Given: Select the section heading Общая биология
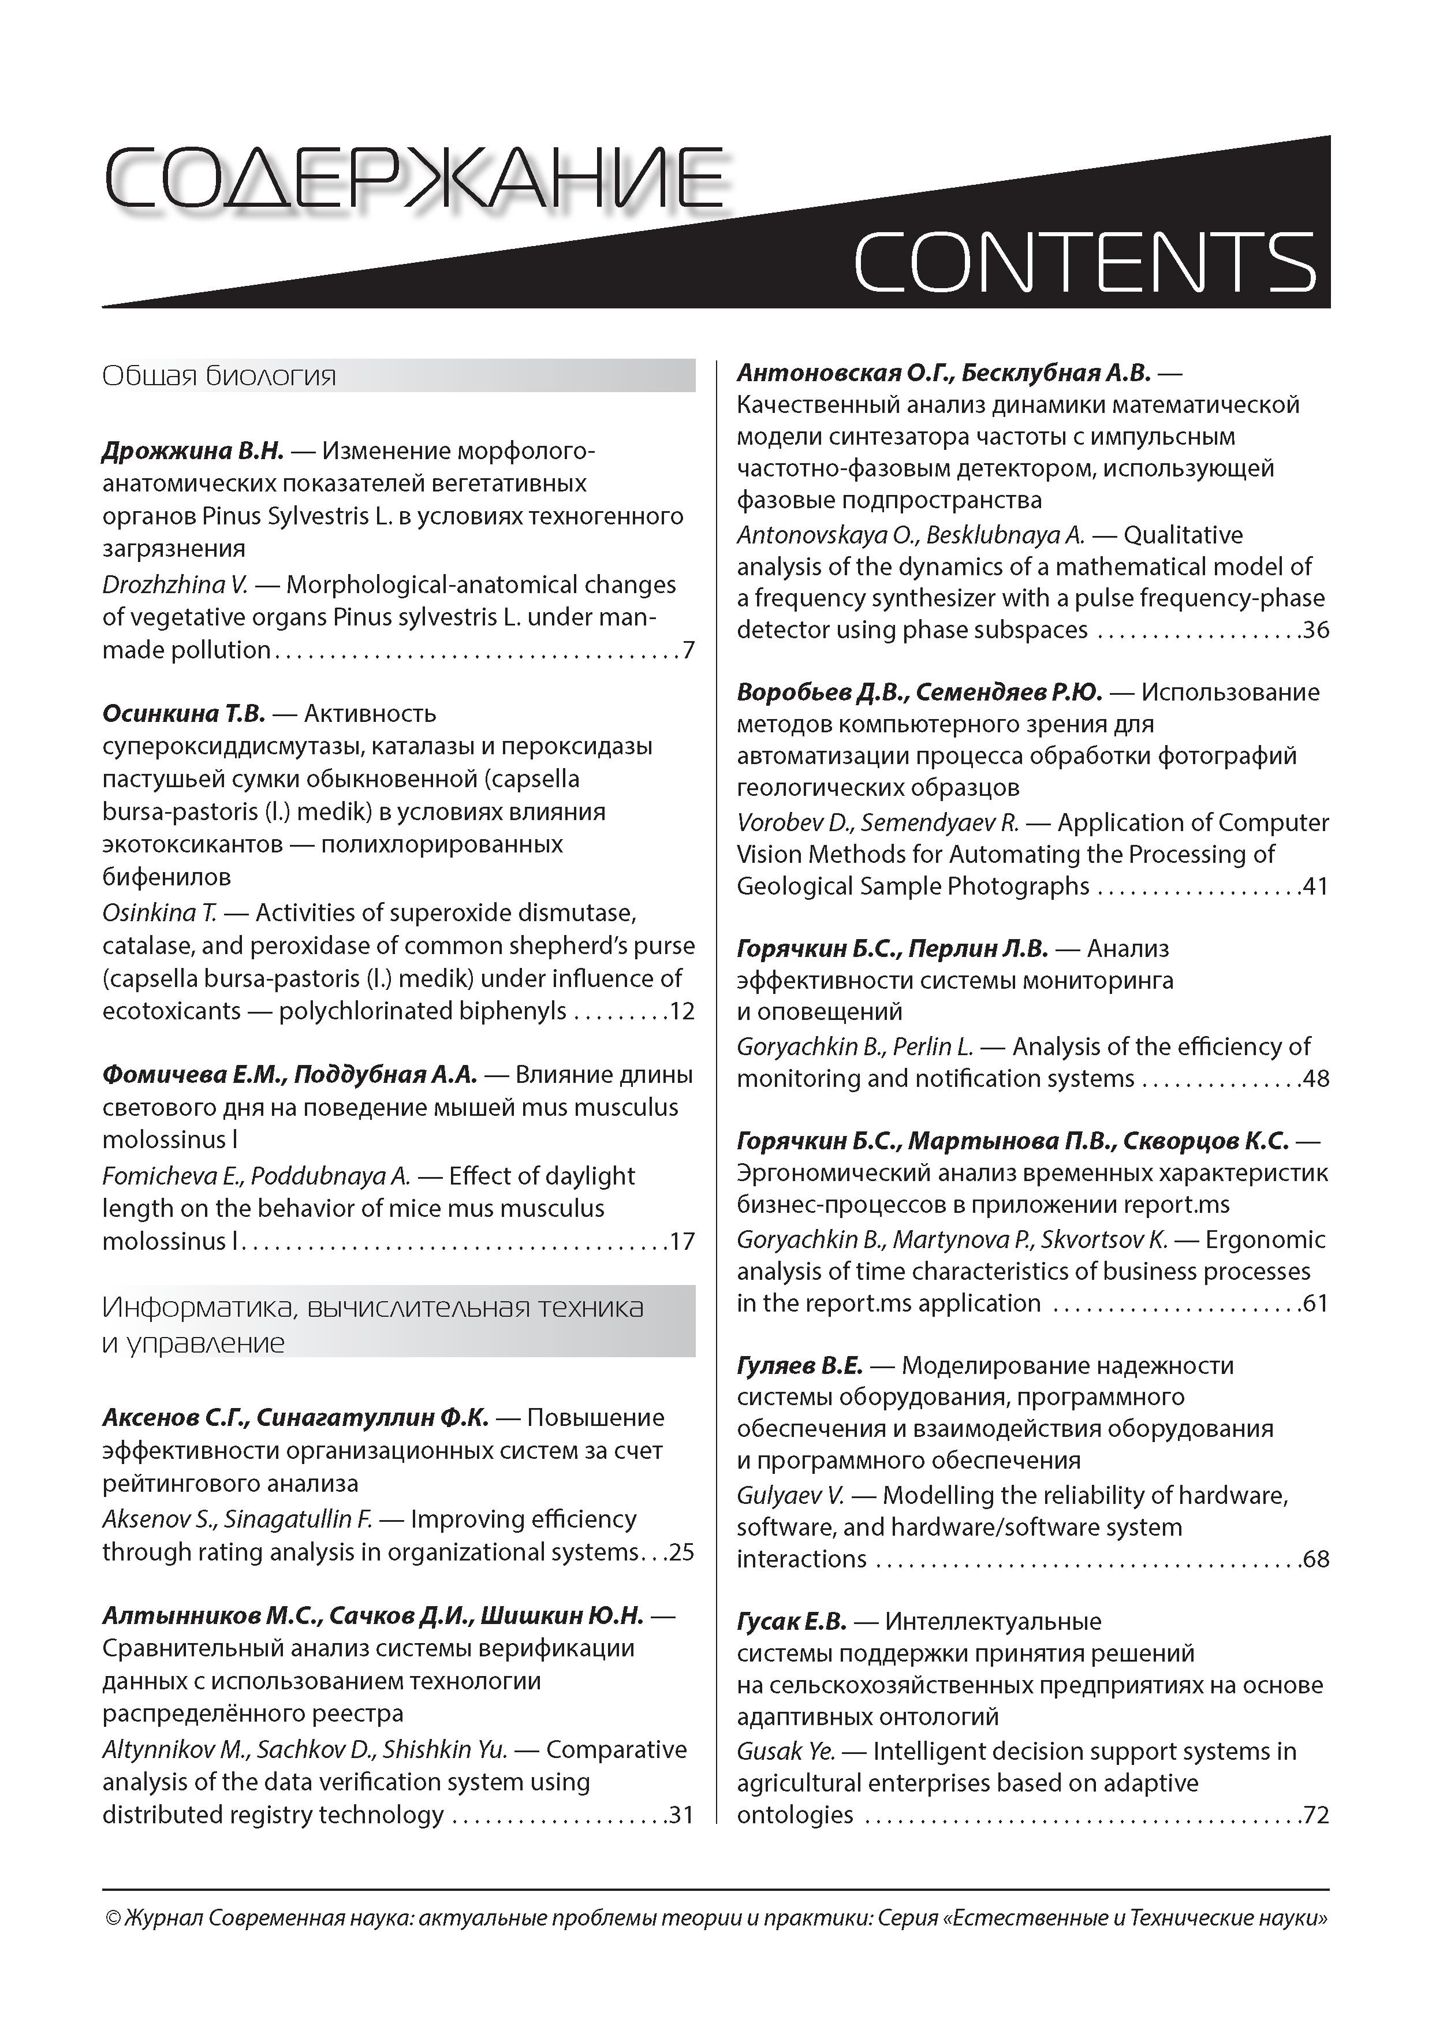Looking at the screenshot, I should [x=219, y=377].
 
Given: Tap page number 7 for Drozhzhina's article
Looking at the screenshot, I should [x=688, y=650].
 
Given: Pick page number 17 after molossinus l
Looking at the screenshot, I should [x=682, y=1242].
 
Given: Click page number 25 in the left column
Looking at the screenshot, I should [x=681, y=1551].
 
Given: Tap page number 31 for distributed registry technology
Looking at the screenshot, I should [x=681, y=1814].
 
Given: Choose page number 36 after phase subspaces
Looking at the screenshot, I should [x=1315, y=630].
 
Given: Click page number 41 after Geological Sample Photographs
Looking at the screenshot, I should [x=1315, y=886].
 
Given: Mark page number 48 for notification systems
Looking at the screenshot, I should [x=1315, y=1078].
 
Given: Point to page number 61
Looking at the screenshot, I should [x=1315, y=1304].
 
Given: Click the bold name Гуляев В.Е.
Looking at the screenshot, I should [x=799, y=1366].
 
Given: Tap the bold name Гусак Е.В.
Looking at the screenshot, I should [x=792, y=1622].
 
